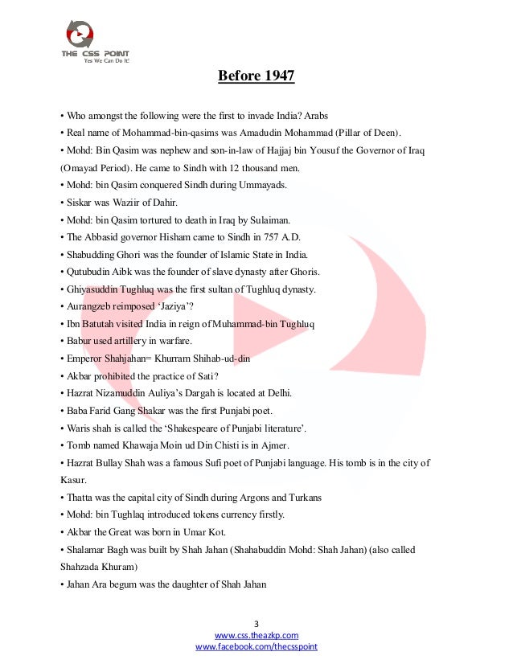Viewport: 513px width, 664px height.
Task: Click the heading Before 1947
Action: click(256, 76)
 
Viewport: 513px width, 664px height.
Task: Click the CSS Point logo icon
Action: click(79, 33)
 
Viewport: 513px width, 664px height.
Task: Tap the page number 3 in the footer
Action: click(256, 624)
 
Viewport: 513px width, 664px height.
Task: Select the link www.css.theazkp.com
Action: click(256, 635)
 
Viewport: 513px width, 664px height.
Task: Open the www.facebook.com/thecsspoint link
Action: click(256, 646)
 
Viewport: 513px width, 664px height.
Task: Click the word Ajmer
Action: click(273, 445)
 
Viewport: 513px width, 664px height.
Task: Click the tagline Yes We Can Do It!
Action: click(107, 60)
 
